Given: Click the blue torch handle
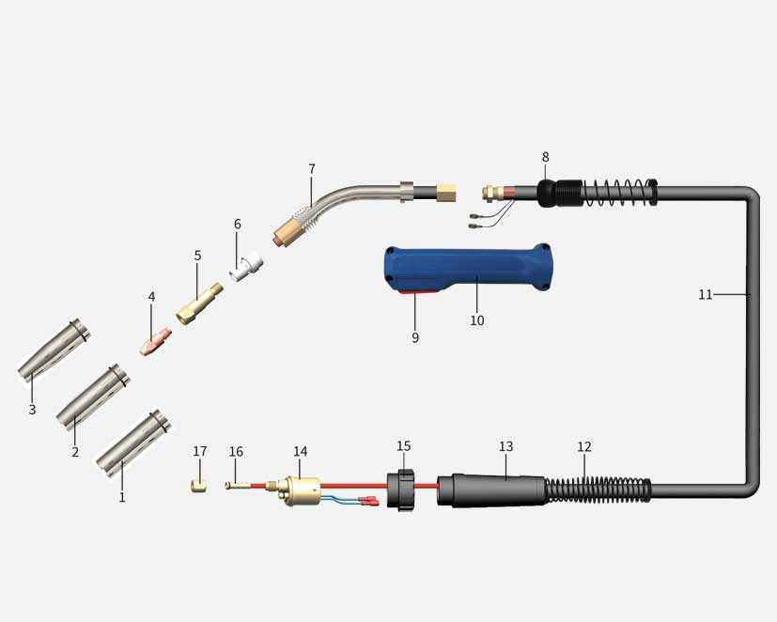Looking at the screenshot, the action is pyautogui.click(x=468, y=269).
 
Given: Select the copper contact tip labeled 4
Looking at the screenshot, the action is pyautogui.click(x=156, y=341).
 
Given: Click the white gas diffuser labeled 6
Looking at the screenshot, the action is pyautogui.click(x=247, y=267).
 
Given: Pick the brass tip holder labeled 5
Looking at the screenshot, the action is pyautogui.click(x=199, y=303).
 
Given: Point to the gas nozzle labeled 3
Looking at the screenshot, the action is pyautogui.click(x=54, y=349).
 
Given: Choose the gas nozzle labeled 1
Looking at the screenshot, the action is pyautogui.click(x=133, y=443).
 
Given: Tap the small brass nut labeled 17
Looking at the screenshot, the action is pyautogui.click(x=198, y=486).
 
